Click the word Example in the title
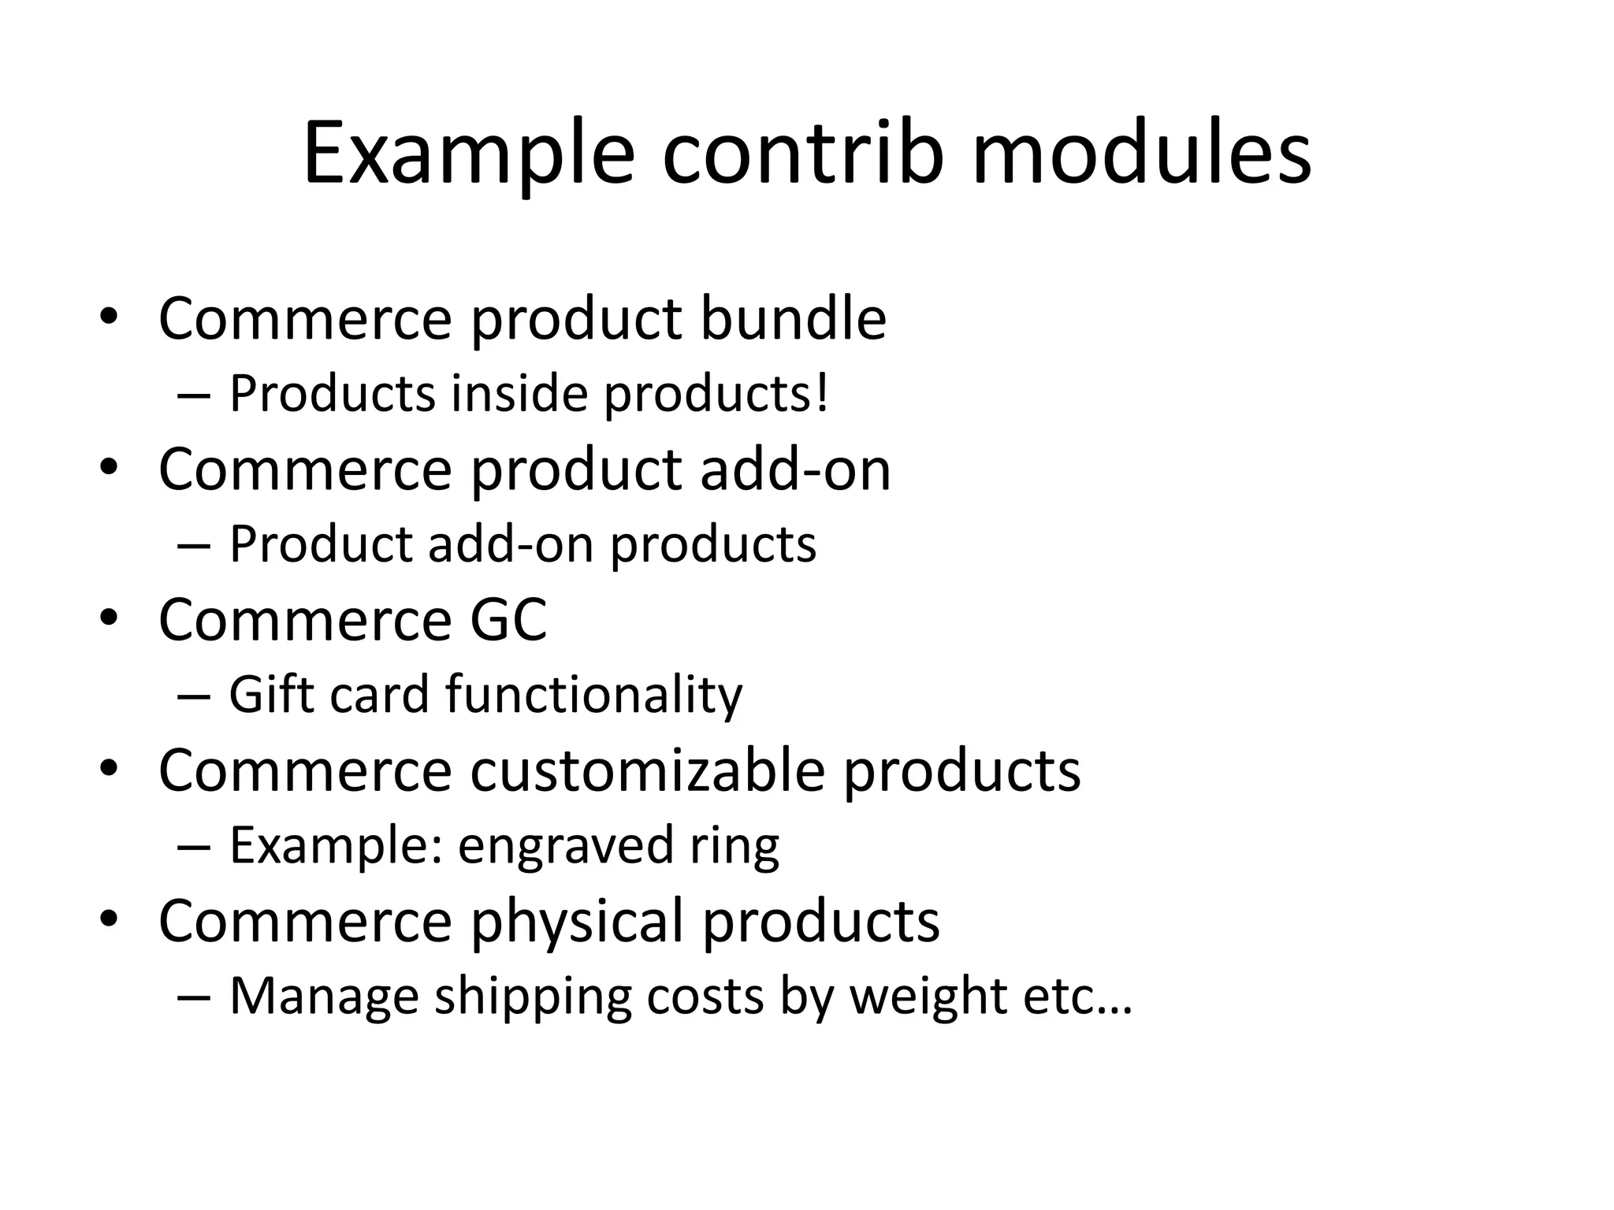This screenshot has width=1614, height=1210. pyautogui.click(x=468, y=154)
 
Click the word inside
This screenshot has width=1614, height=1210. pyautogui.click(x=519, y=393)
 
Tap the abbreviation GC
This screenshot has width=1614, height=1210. pyautogui.click(x=508, y=620)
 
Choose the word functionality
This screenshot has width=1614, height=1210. pyautogui.click(x=593, y=695)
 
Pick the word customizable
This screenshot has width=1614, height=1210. pyautogui.click(x=648, y=770)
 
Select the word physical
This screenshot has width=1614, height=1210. pyautogui.click(x=577, y=921)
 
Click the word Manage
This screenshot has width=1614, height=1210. pyautogui.click(x=324, y=997)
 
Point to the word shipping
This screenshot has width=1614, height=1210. pyautogui.click(x=533, y=997)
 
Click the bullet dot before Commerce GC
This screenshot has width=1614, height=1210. pyautogui.click(x=109, y=618)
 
